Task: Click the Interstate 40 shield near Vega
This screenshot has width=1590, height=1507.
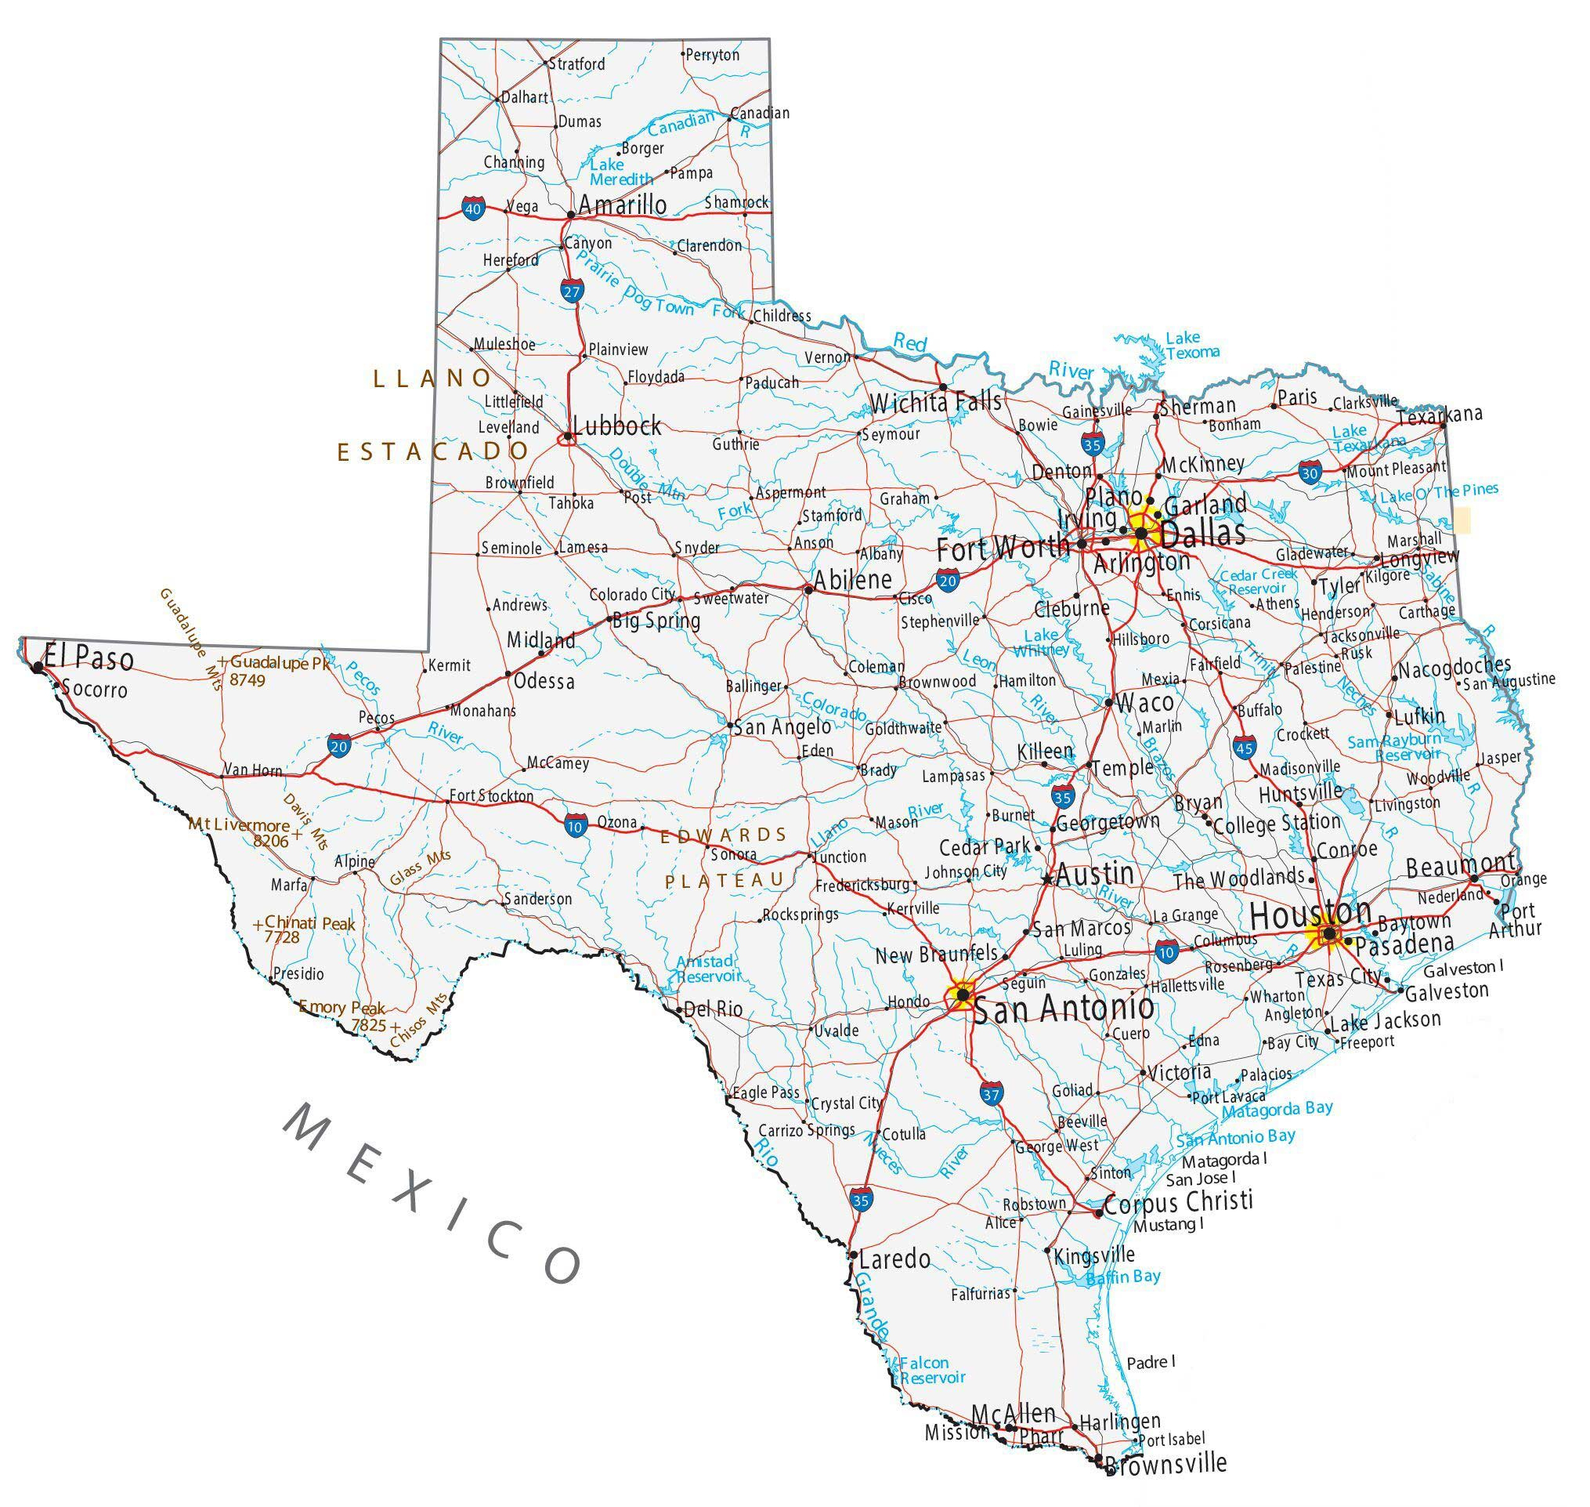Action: coord(474,210)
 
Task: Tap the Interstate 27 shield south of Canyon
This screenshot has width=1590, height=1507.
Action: coord(571,292)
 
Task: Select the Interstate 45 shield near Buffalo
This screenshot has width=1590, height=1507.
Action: coord(1245,747)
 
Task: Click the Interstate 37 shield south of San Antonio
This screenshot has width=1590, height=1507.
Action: coord(991,1094)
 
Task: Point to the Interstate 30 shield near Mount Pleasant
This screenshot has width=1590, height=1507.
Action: coord(1310,473)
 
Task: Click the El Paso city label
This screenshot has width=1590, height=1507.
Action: coord(89,659)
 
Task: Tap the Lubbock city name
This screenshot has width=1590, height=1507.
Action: coord(616,426)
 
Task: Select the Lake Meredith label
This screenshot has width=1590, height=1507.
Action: coord(621,172)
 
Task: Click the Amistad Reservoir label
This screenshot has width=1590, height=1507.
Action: coord(706,969)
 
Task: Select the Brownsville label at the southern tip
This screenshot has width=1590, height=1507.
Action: coord(1166,1463)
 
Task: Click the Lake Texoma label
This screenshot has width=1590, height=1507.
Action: coord(1191,345)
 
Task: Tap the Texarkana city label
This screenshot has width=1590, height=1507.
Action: coord(1439,415)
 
